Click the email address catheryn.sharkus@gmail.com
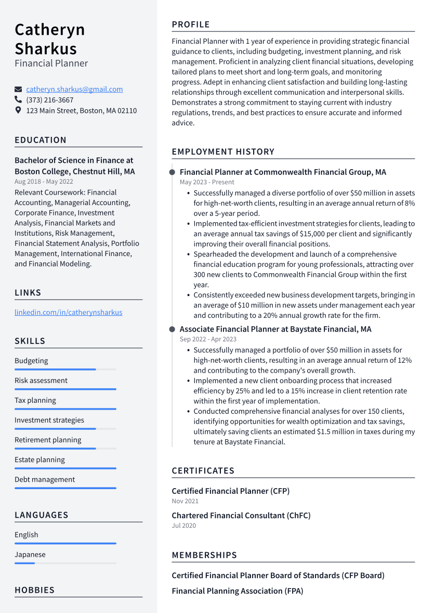point(74,90)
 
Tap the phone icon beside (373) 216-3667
point(18,100)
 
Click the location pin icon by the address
point(18,110)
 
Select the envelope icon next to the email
point(18,90)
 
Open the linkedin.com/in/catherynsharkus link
point(68,313)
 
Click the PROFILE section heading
point(191,24)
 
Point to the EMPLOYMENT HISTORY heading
point(223,152)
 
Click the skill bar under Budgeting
point(65,369)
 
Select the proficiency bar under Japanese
point(65,563)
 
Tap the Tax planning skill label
point(35,401)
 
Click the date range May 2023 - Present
point(207,182)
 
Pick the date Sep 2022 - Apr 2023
point(208,339)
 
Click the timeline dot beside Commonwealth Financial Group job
point(172,172)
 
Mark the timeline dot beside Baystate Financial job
point(172,329)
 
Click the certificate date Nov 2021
point(185,501)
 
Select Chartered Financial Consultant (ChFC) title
point(241,516)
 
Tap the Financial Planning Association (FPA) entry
point(237,591)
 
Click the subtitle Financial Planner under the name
point(51,63)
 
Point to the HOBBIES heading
point(34,590)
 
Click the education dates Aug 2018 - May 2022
point(44,182)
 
